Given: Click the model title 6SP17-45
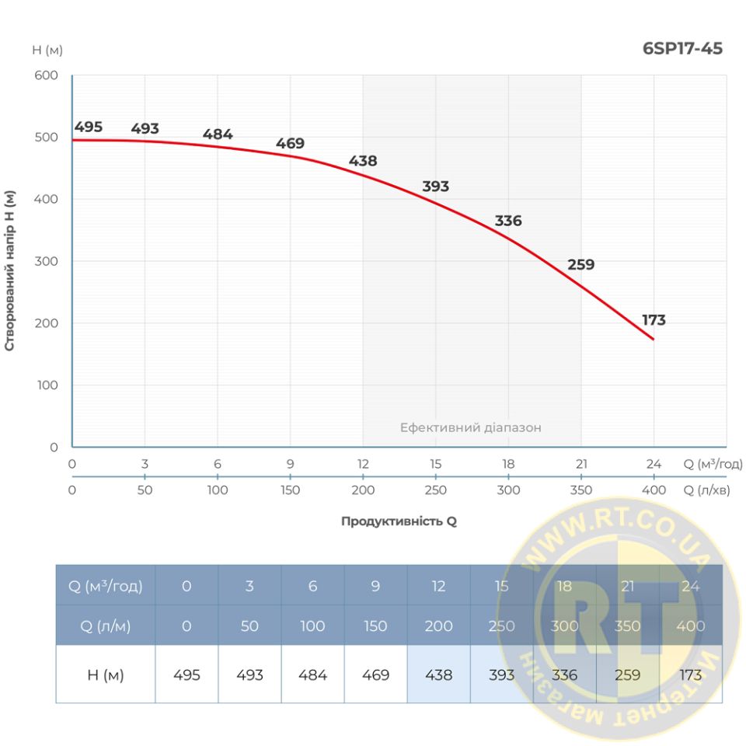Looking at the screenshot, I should coord(683,49).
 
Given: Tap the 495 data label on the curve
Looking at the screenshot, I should coord(89,127).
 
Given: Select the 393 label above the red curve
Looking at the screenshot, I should coord(435,186).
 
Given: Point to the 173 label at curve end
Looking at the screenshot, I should coord(654,320).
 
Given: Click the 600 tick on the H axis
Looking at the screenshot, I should coord(47,75).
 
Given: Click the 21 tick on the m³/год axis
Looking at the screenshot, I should coord(580,465).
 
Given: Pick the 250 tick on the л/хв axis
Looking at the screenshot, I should coord(435,490).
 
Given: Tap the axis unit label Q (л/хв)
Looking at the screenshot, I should coord(713,490).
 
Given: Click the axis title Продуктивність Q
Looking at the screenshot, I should coord(399,521).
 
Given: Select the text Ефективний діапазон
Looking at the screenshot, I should coord(470,427).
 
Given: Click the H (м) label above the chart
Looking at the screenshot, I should coord(47,51).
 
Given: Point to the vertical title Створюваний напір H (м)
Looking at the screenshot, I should coord(10,261).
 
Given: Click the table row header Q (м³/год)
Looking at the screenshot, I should coord(106,586).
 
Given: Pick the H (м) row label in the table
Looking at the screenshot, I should coord(106,675).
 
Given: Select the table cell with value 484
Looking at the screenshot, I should coord(312,675).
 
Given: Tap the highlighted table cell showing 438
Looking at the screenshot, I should coord(438,675).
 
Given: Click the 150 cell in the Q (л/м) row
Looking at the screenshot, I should coord(375,626).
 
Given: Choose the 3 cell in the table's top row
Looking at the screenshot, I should coord(249,586).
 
